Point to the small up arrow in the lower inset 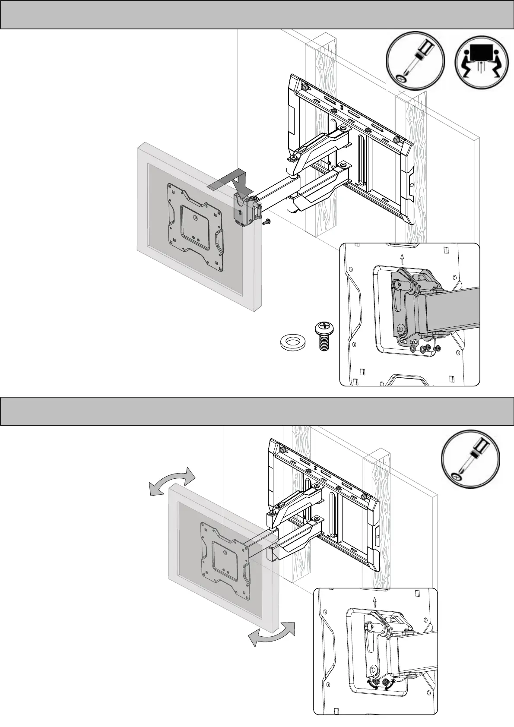[375, 601]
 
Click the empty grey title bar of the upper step [257, 15]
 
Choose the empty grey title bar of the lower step [257, 411]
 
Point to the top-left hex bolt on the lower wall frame [282, 449]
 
